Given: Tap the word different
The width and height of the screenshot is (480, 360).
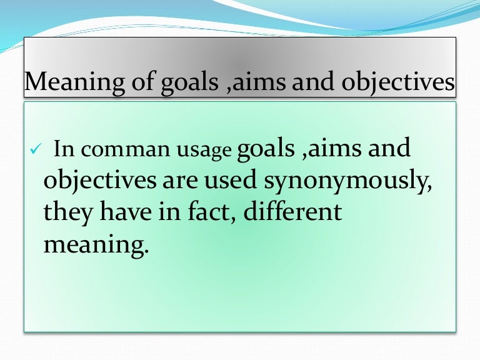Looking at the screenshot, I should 293,212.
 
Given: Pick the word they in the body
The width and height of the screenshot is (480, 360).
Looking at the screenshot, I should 67,212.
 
